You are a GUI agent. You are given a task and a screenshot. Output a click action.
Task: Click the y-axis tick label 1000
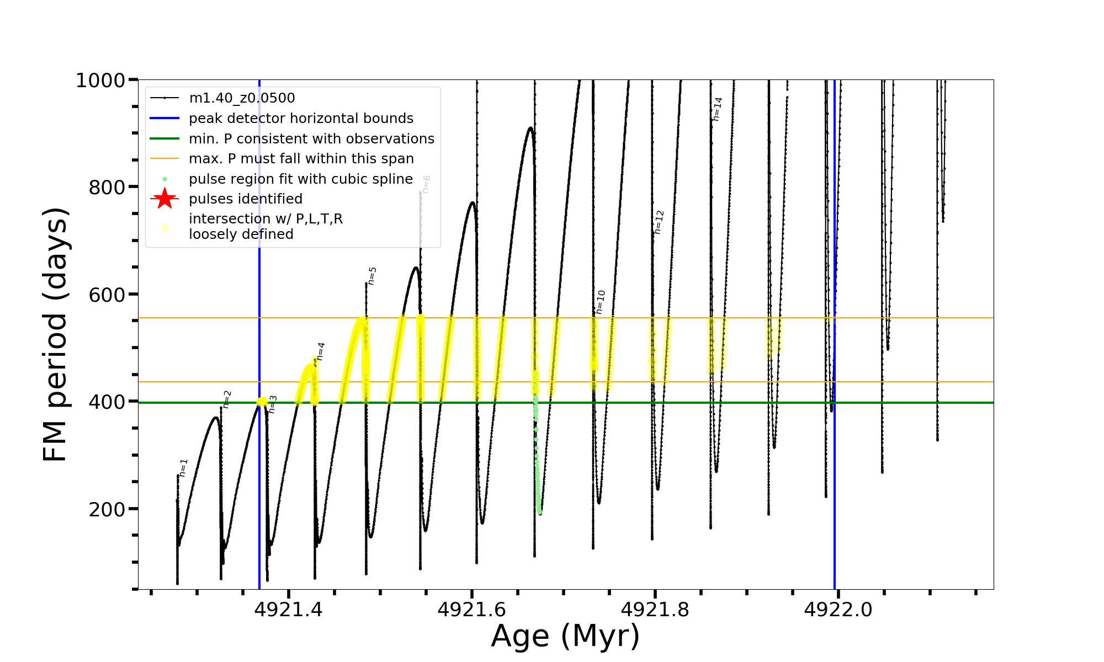pos(100,81)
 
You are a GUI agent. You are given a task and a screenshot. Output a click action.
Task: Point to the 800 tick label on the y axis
pos(107,188)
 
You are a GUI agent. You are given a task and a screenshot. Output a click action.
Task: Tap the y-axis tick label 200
pos(107,509)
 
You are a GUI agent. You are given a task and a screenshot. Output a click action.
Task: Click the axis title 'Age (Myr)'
pos(565,636)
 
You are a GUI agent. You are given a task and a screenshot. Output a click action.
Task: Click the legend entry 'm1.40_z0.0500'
pos(242,98)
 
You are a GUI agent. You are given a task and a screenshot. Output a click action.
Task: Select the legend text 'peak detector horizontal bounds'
pos(301,119)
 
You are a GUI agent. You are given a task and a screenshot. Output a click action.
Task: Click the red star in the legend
pos(164,199)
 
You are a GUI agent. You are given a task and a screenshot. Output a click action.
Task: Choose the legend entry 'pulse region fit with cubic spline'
pos(300,179)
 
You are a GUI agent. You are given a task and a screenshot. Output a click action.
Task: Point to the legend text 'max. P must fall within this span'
pos(301,159)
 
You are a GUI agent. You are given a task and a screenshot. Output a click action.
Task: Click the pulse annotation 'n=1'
pos(183,468)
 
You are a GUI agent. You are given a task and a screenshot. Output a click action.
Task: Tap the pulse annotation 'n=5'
pos(372,276)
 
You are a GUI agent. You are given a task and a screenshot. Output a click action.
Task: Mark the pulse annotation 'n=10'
pos(601,302)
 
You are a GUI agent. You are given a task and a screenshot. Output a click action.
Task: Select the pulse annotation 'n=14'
pos(717,109)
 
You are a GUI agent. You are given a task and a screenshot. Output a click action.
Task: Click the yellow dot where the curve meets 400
pos(262,402)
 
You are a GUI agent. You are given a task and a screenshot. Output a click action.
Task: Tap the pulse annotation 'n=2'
pos(227,399)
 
